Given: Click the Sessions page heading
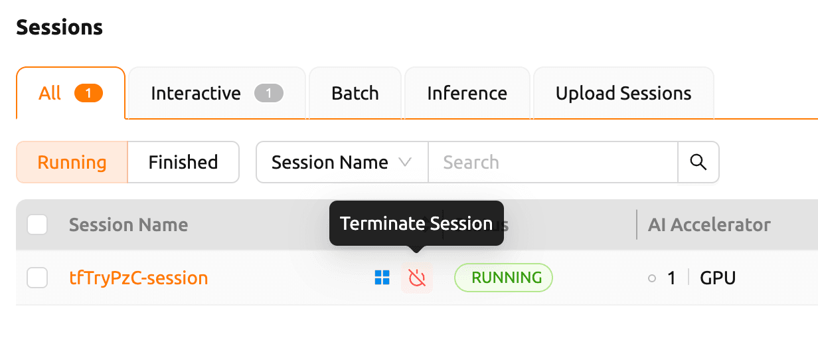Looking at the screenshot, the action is point(60,27).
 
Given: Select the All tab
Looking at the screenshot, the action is point(70,93).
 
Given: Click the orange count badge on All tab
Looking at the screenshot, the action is point(88,93).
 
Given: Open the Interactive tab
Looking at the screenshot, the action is point(217,93).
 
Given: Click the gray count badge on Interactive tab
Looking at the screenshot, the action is point(269,93).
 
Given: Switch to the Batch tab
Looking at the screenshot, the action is point(355,93).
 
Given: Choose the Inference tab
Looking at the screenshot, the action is point(467,93).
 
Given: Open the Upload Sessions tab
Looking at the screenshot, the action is point(623,93).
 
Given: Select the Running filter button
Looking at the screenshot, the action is point(72,162).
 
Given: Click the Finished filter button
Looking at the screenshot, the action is point(183,162).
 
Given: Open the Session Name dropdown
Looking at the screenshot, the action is point(342,162).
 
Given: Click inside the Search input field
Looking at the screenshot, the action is point(552,162).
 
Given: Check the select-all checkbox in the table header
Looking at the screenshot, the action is point(37,225).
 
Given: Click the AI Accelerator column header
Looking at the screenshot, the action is point(709,225).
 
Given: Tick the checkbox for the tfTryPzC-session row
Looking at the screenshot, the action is point(37,278).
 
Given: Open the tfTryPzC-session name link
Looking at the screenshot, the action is point(138,278).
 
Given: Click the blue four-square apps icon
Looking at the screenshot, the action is point(382,278).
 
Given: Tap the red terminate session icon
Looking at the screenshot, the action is point(417,278).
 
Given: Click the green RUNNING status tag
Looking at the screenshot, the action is point(503,278).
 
